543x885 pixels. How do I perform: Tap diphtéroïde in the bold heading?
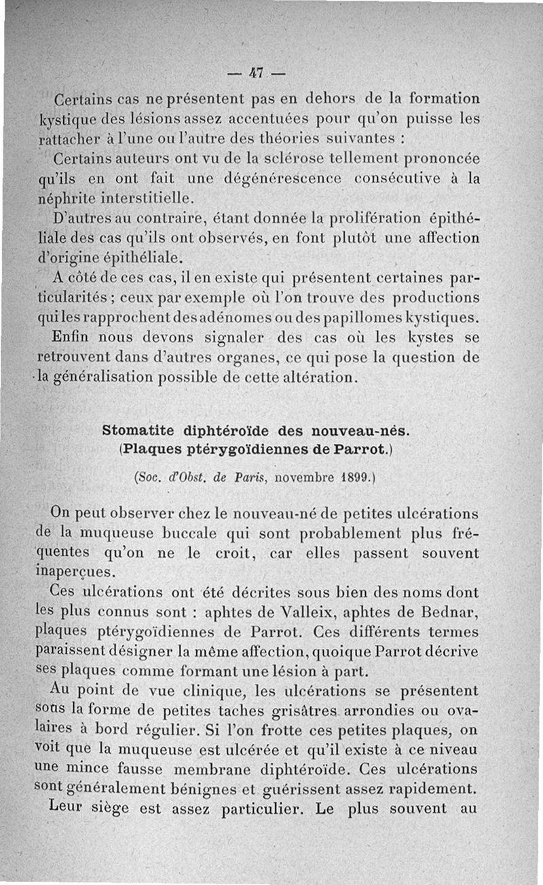(x=225, y=430)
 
